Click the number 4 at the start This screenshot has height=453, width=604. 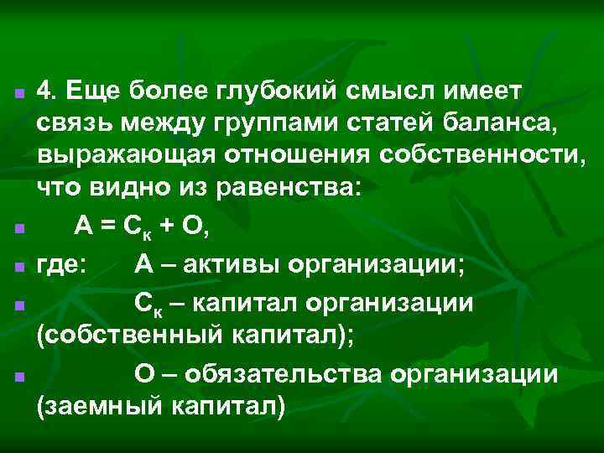click(x=46, y=91)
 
